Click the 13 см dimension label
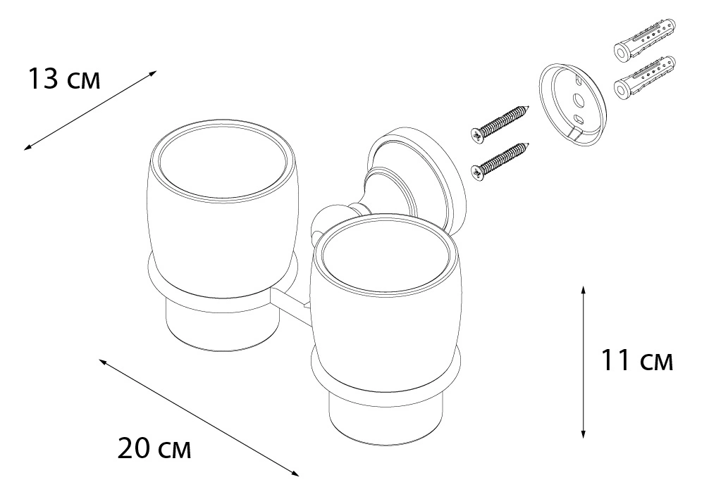(x=64, y=79)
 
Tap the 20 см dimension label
(x=154, y=448)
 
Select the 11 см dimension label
(x=636, y=360)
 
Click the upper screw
(x=500, y=120)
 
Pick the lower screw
(x=500, y=160)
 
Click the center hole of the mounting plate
(x=577, y=99)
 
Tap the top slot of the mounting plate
(x=579, y=80)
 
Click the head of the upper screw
(x=477, y=133)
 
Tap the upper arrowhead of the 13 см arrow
(x=153, y=73)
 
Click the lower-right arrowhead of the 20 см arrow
(x=295, y=473)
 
